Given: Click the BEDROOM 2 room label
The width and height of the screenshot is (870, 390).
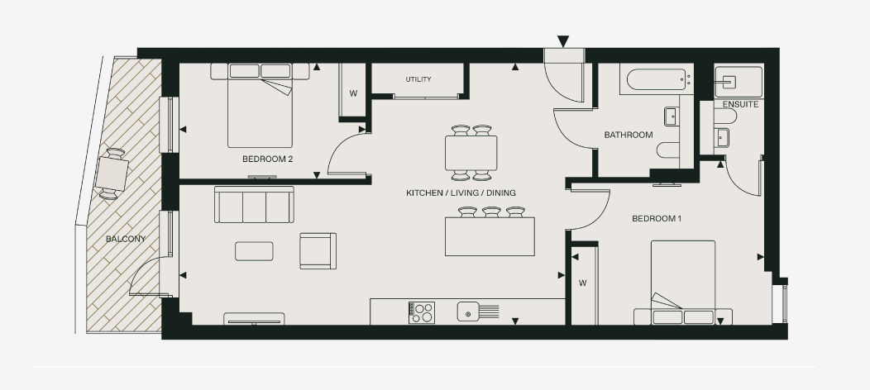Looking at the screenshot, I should pos(267,159).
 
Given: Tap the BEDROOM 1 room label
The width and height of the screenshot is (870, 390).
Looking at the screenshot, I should pos(657,219).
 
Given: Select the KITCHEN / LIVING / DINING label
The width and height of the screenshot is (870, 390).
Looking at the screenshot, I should pos(461,193).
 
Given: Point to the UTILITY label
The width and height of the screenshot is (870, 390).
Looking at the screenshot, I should pos(418,80).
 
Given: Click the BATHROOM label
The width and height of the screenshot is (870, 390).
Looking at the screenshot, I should pos(628,135).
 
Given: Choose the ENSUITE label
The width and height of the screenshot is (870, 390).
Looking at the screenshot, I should pos(739,105).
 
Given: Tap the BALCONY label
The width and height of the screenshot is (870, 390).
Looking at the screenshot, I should pos(126,240).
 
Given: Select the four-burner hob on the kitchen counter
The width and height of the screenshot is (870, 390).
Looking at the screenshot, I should pos(422,312).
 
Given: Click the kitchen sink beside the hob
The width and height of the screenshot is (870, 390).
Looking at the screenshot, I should pos(469,312).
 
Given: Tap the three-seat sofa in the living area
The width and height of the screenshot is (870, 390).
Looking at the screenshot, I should pos(254,204).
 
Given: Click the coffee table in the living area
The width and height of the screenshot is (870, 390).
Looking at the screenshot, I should pos(254,250).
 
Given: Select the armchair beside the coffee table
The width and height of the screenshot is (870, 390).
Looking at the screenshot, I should pos(318,251).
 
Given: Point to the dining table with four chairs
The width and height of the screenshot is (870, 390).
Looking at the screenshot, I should pos(471,152).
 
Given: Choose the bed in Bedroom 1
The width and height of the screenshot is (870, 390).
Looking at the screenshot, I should pos(682,281).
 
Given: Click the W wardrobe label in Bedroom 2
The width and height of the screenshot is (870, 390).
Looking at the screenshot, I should pos(353,93).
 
